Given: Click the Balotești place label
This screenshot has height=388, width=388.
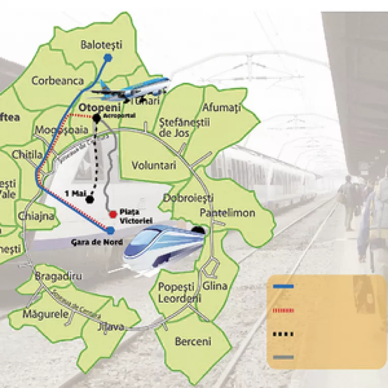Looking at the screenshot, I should [102, 45].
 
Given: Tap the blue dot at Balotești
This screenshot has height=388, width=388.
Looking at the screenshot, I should [108, 58].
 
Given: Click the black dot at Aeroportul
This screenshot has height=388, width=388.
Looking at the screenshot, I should [96, 118].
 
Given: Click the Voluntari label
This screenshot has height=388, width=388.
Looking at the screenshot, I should [153, 166].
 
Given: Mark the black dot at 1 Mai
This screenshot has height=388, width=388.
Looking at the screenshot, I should [90, 199].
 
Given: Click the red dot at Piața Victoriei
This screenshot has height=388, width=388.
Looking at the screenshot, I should [112, 214].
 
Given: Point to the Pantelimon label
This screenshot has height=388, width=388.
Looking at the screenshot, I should [227, 213].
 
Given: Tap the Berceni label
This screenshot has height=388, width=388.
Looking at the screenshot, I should [192, 342].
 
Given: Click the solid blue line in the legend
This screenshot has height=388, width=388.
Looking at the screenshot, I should [283, 287].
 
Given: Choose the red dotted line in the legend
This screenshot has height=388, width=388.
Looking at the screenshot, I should [283, 310].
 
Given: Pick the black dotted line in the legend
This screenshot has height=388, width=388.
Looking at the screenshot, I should [283, 334].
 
